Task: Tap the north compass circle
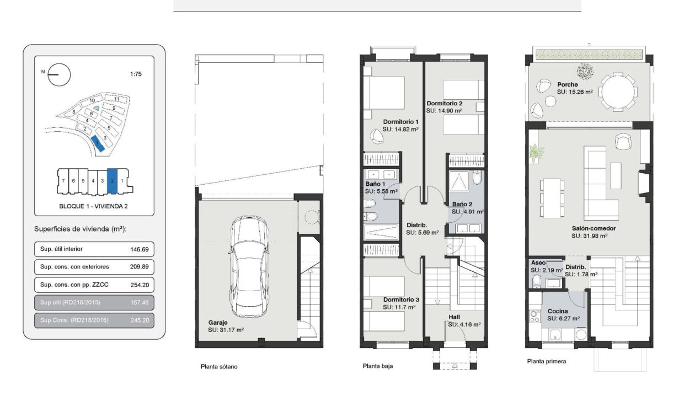point(59,75)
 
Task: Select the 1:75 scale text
point(136,74)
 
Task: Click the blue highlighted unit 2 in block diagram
point(112,181)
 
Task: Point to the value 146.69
point(139,249)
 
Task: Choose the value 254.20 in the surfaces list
point(140,285)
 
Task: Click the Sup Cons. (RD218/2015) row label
point(74,320)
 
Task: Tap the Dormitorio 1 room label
point(400,122)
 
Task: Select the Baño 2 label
point(462,204)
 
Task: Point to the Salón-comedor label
point(594,228)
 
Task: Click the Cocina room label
point(558,311)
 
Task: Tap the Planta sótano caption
point(219,367)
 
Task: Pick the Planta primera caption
point(546,361)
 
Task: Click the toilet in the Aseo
point(537,281)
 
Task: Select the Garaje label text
point(218,323)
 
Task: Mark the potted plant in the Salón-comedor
point(537,153)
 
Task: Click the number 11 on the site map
point(116,99)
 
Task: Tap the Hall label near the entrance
point(454,317)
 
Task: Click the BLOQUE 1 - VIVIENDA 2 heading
point(93,206)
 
